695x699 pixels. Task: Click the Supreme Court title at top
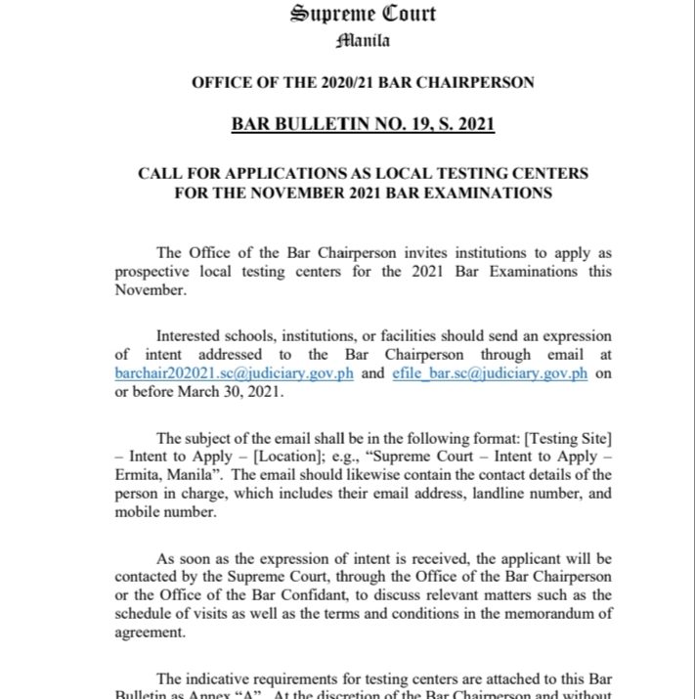[363, 14]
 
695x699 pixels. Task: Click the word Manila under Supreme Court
[363, 40]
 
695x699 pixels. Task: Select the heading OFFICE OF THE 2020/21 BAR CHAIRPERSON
[363, 82]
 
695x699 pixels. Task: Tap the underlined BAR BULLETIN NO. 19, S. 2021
[363, 124]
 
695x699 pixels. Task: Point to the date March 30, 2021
[228, 392]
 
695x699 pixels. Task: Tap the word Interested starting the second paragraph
[193, 337]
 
